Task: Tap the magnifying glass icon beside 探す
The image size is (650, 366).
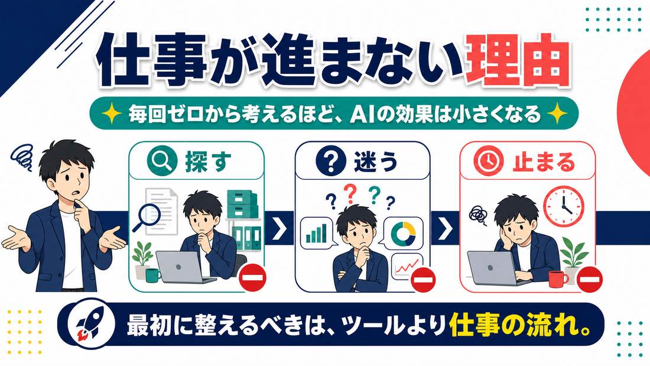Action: (x=160, y=161)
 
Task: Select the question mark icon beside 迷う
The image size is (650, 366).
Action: (x=330, y=161)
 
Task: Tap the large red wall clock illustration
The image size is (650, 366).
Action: (x=563, y=206)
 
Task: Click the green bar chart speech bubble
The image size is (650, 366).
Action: (x=317, y=233)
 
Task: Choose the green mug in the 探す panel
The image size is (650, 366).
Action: (x=152, y=275)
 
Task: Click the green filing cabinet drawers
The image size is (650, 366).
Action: (x=242, y=204)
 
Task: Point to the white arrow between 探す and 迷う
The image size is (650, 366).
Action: (x=279, y=228)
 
